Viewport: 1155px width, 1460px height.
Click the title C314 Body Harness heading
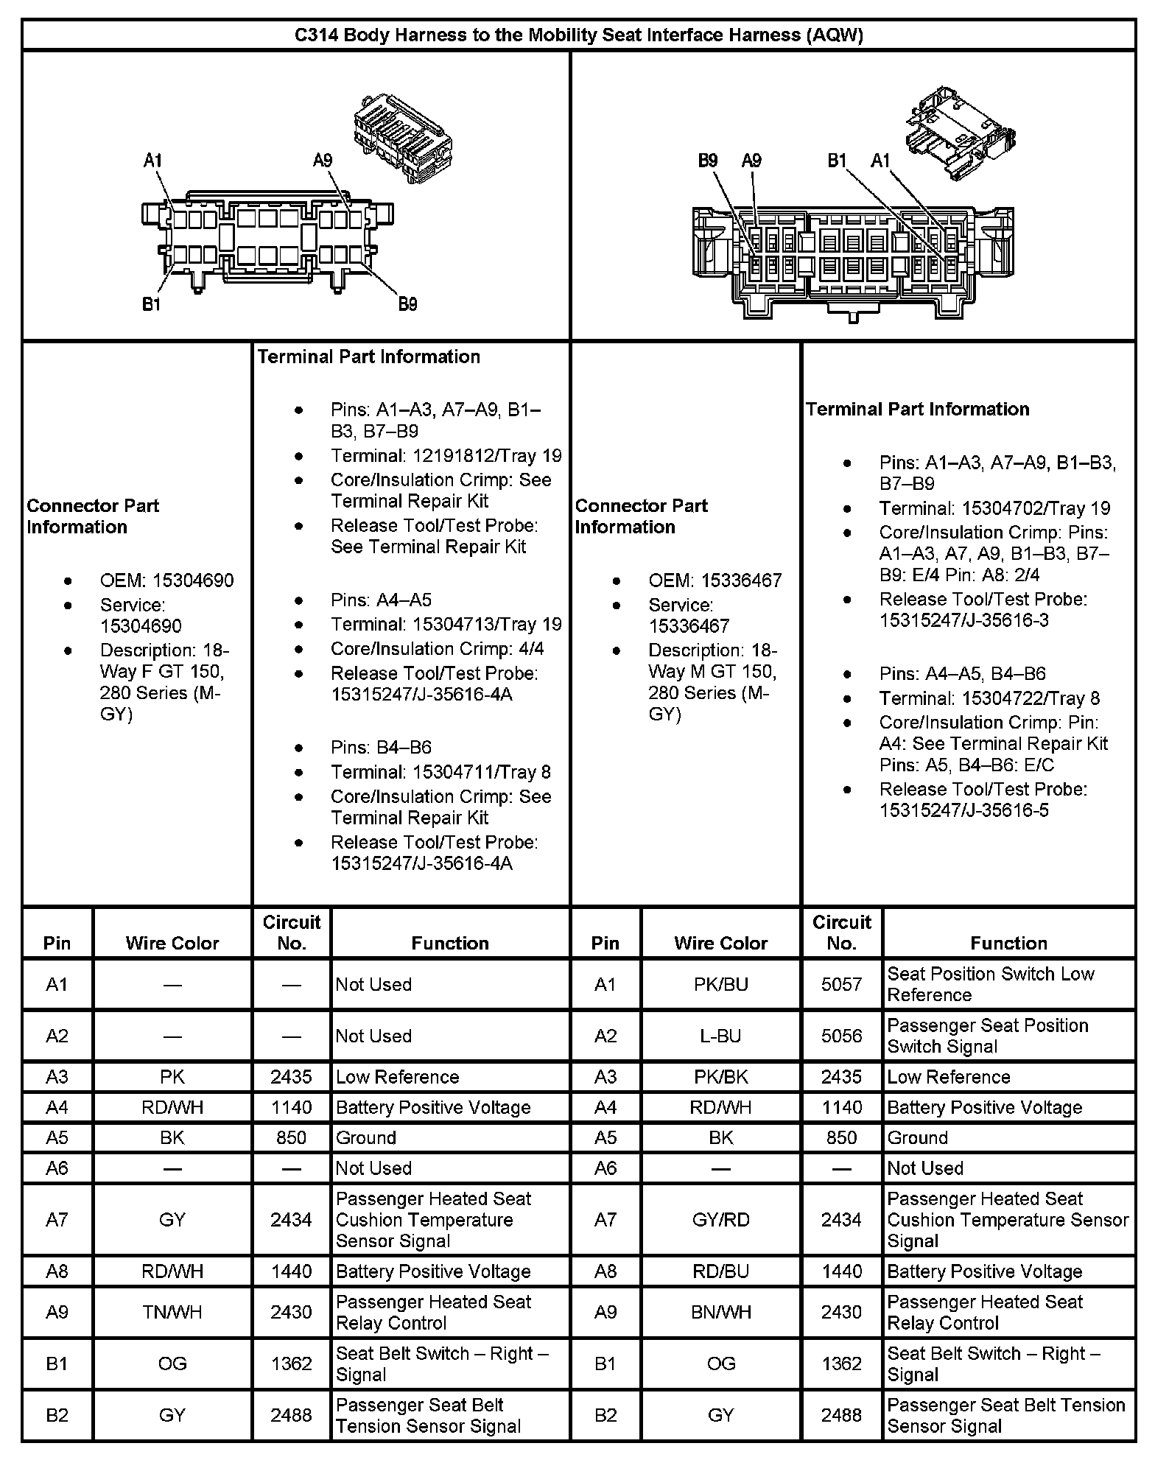578,35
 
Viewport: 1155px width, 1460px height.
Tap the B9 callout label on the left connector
407,304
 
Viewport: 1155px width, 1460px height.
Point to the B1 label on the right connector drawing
837,161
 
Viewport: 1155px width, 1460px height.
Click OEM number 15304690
166,580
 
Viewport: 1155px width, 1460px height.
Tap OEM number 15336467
715,580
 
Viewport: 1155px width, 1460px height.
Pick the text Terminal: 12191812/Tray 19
446,456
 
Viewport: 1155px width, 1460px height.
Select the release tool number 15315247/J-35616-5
964,810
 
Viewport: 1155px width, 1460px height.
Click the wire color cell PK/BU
720,984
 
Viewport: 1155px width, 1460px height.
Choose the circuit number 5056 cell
841,1036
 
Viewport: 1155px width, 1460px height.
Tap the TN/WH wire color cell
172,1312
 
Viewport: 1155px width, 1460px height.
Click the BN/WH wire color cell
720,1312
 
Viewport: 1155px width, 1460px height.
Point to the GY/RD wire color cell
720,1220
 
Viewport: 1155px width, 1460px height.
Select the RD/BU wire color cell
720,1271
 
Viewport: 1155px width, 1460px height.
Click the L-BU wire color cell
720,1036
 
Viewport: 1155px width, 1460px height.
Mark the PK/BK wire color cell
720,1077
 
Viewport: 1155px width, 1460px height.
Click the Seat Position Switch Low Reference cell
991,984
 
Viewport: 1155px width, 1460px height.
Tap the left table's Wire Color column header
172,943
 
